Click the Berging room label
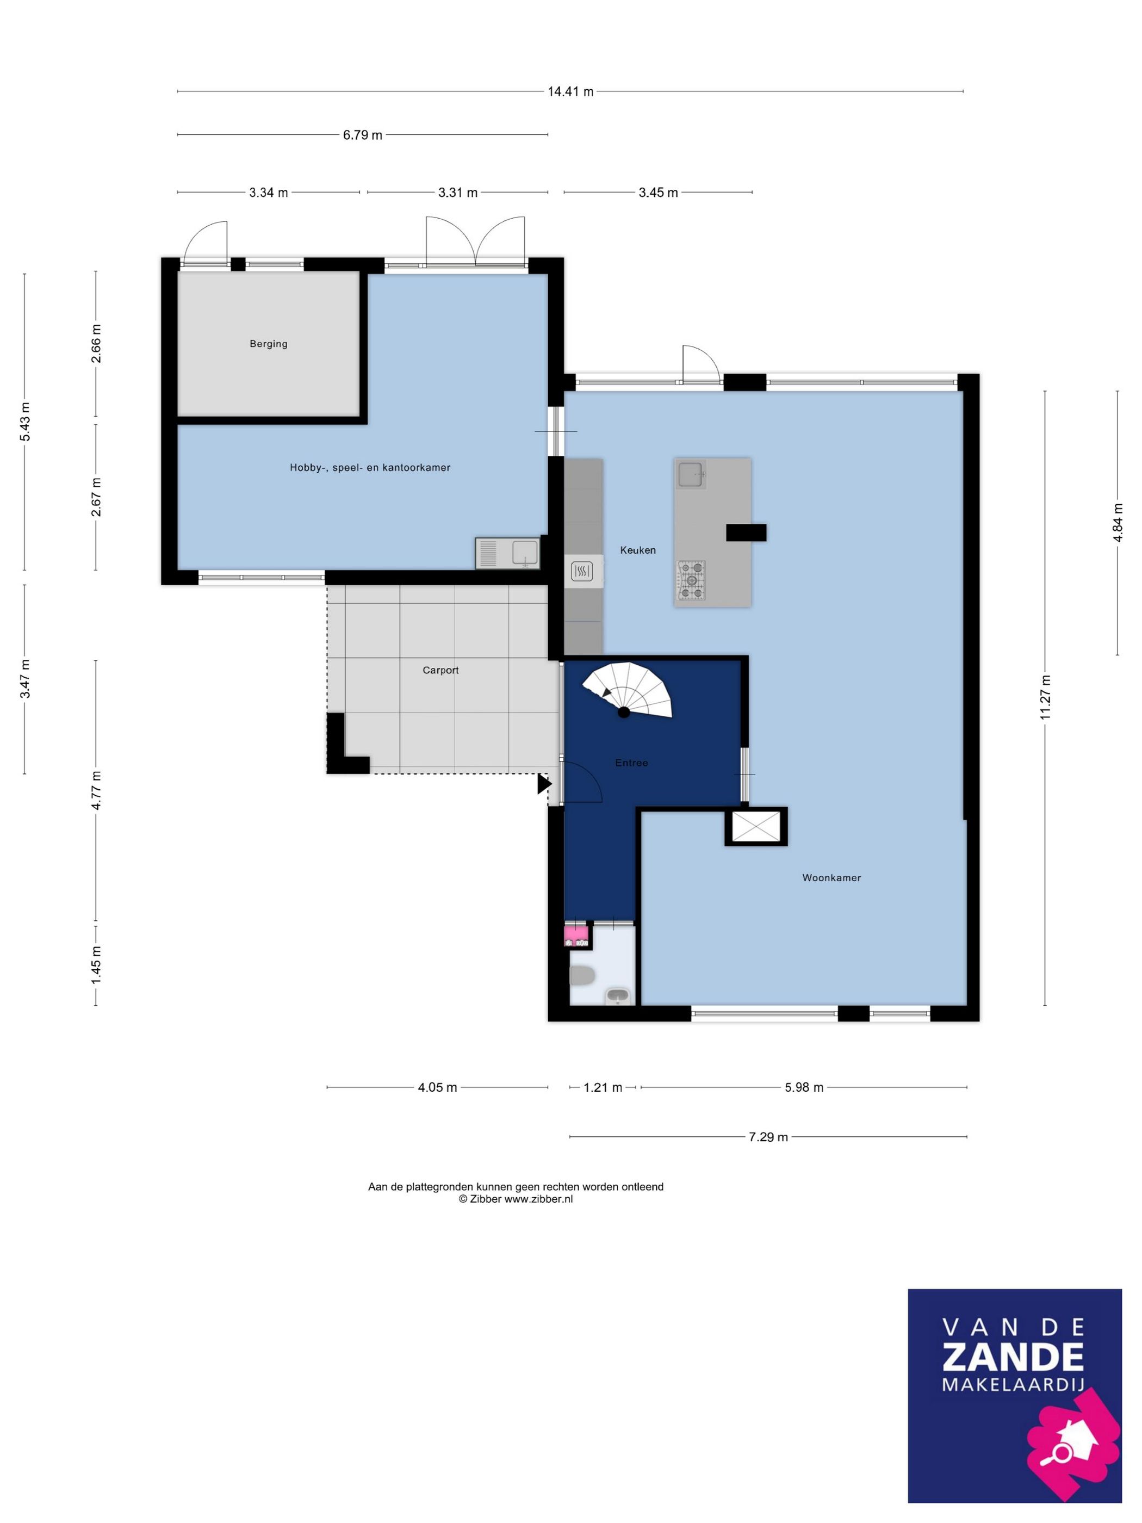click(x=269, y=344)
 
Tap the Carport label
click(x=440, y=670)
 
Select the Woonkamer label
click(x=831, y=878)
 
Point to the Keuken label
click(x=638, y=550)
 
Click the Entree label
click(x=631, y=763)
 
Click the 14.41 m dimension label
click(x=570, y=91)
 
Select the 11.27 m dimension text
click(x=1045, y=697)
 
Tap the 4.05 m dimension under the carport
click(x=437, y=1088)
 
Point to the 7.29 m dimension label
click(x=768, y=1137)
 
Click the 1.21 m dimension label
click(x=603, y=1088)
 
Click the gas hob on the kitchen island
click(x=692, y=580)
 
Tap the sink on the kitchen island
click(x=691, y=474)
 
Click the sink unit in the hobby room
click(x=507, y=554)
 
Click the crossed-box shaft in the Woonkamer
click(x=756, y=826)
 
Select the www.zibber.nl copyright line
click(x=516, y=1199)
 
